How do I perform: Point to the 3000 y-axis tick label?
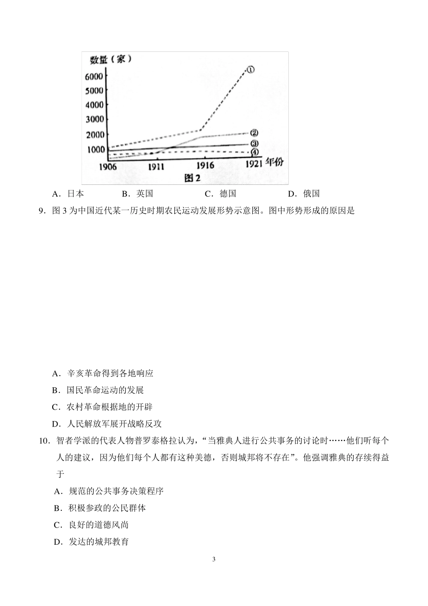coord(94,119)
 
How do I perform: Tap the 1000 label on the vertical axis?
coord(96,150)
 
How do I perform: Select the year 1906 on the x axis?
coord(108,167)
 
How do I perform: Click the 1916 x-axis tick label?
coord(205,165)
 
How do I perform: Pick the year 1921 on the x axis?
coord(254,163)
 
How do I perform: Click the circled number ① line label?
coord(250,69)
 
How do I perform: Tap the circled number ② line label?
coord(254,133)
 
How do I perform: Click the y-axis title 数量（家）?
coord(110,60)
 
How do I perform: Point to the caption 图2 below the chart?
coord(192,177)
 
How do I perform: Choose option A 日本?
coord(68,194)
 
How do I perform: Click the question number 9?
coord(42,211)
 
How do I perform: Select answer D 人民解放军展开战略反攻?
coord(107,424)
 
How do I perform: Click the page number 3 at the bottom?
coord(214,560)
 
